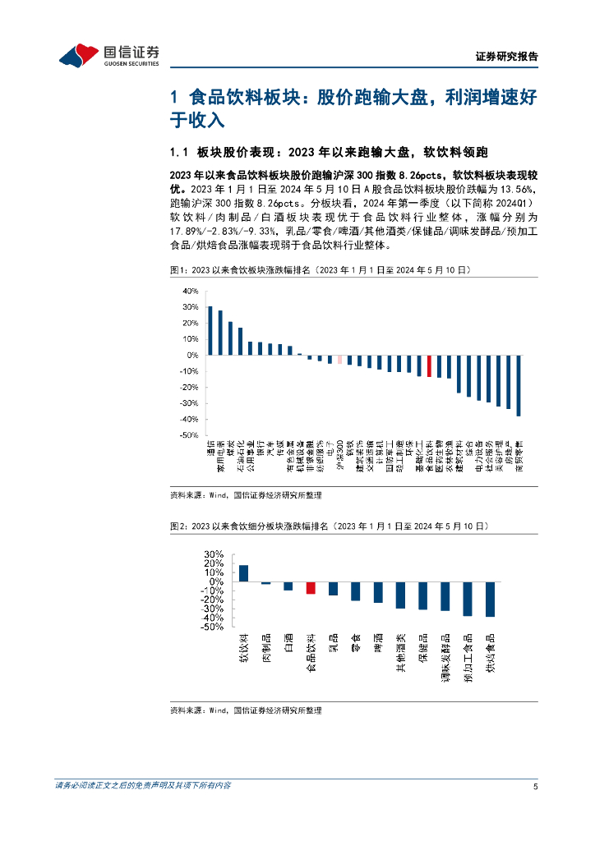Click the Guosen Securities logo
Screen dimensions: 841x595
click(x=108, y=55)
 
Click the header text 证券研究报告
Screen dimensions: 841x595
click(x=507, y=57)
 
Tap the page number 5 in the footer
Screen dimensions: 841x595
click(x=535, y=786)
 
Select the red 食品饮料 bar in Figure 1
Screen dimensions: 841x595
click(x=429, y=365)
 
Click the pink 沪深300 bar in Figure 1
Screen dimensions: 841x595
click(x=340, y=359)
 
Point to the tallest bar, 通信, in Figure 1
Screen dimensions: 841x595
click(x=210, y=331)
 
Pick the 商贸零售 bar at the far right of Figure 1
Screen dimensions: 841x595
click(x=519, y=385)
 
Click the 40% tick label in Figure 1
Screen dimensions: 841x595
click(x=190, y=292)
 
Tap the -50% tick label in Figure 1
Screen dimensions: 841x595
click(x=188, y=435)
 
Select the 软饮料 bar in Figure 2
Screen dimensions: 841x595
click(x=243, y=573)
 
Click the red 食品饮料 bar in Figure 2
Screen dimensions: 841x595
click(x=311, y=587)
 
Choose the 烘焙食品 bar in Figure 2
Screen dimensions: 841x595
click(x=490, y=599)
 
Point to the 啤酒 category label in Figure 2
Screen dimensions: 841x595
click(x=378, y=643)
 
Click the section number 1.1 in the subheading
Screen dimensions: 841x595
click(x=179, y=153)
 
